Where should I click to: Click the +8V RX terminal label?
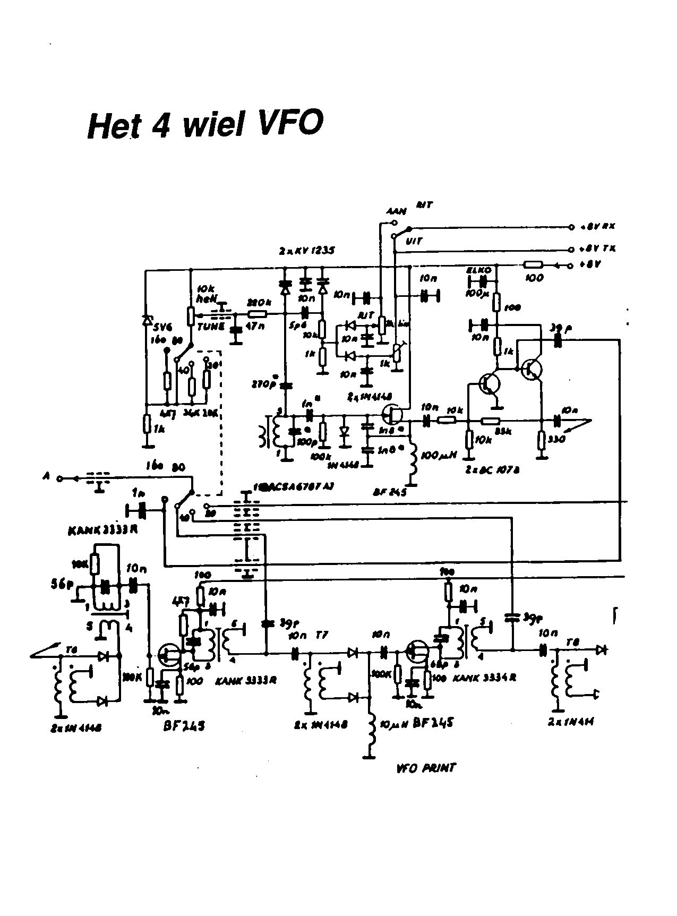click(x=599, y=227)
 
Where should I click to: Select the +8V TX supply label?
click(x=599, y=249)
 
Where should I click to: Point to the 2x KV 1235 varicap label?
click(x=307, y=251)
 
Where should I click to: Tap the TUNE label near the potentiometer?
click(x=211, y=327)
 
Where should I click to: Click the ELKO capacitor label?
click(x=476, y=270)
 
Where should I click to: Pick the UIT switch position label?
click(x=414, y=241)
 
